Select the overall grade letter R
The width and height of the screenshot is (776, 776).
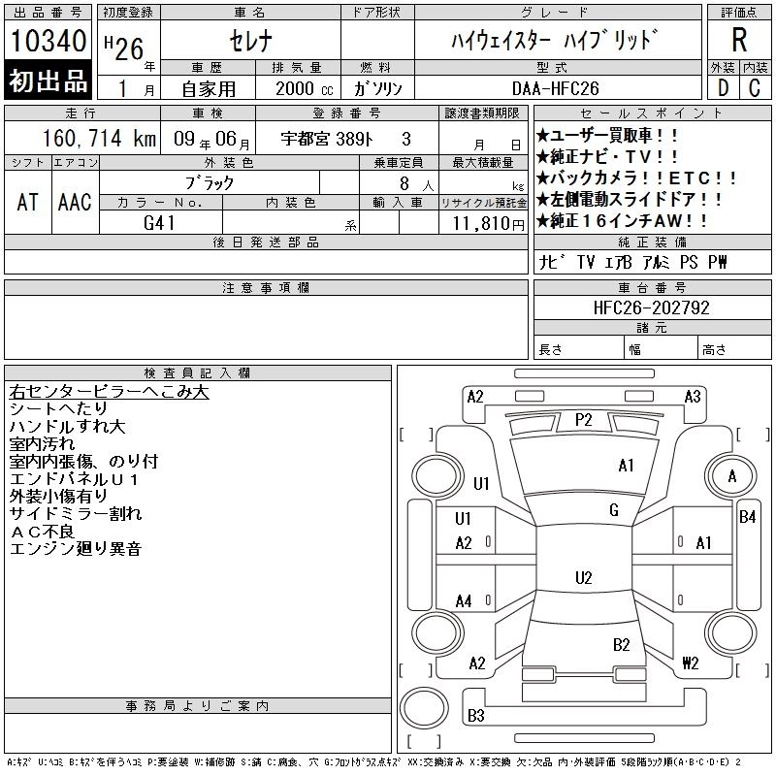pyautogui.click(x=739, y=40)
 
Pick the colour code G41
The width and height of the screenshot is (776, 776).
pyautogui.click(x=159, y=222)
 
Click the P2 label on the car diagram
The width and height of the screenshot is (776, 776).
pyautogui.click(x=584, y=419)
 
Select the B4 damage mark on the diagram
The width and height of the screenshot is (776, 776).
pyautogui.click(x=748, y=516)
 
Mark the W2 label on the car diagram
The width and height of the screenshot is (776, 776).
pyautogui.click(x=691, y=664)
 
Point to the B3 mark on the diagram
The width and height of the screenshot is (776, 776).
pyautogui.click(x=476, y=717)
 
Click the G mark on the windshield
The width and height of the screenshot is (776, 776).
pyautogui.click(x=614, y=510)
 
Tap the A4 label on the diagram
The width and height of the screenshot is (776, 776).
pyautogui.click(x=464, y=601)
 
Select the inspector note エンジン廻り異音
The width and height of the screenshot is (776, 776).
pyautogui.click(x=76, y=550)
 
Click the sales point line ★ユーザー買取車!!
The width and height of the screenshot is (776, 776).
pyautogui.click(x=608, y=135)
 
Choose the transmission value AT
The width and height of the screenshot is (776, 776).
pyautogui.click(x=28, y=201)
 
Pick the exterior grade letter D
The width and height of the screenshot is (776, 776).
pyautogui.click(x=723, y=88)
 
